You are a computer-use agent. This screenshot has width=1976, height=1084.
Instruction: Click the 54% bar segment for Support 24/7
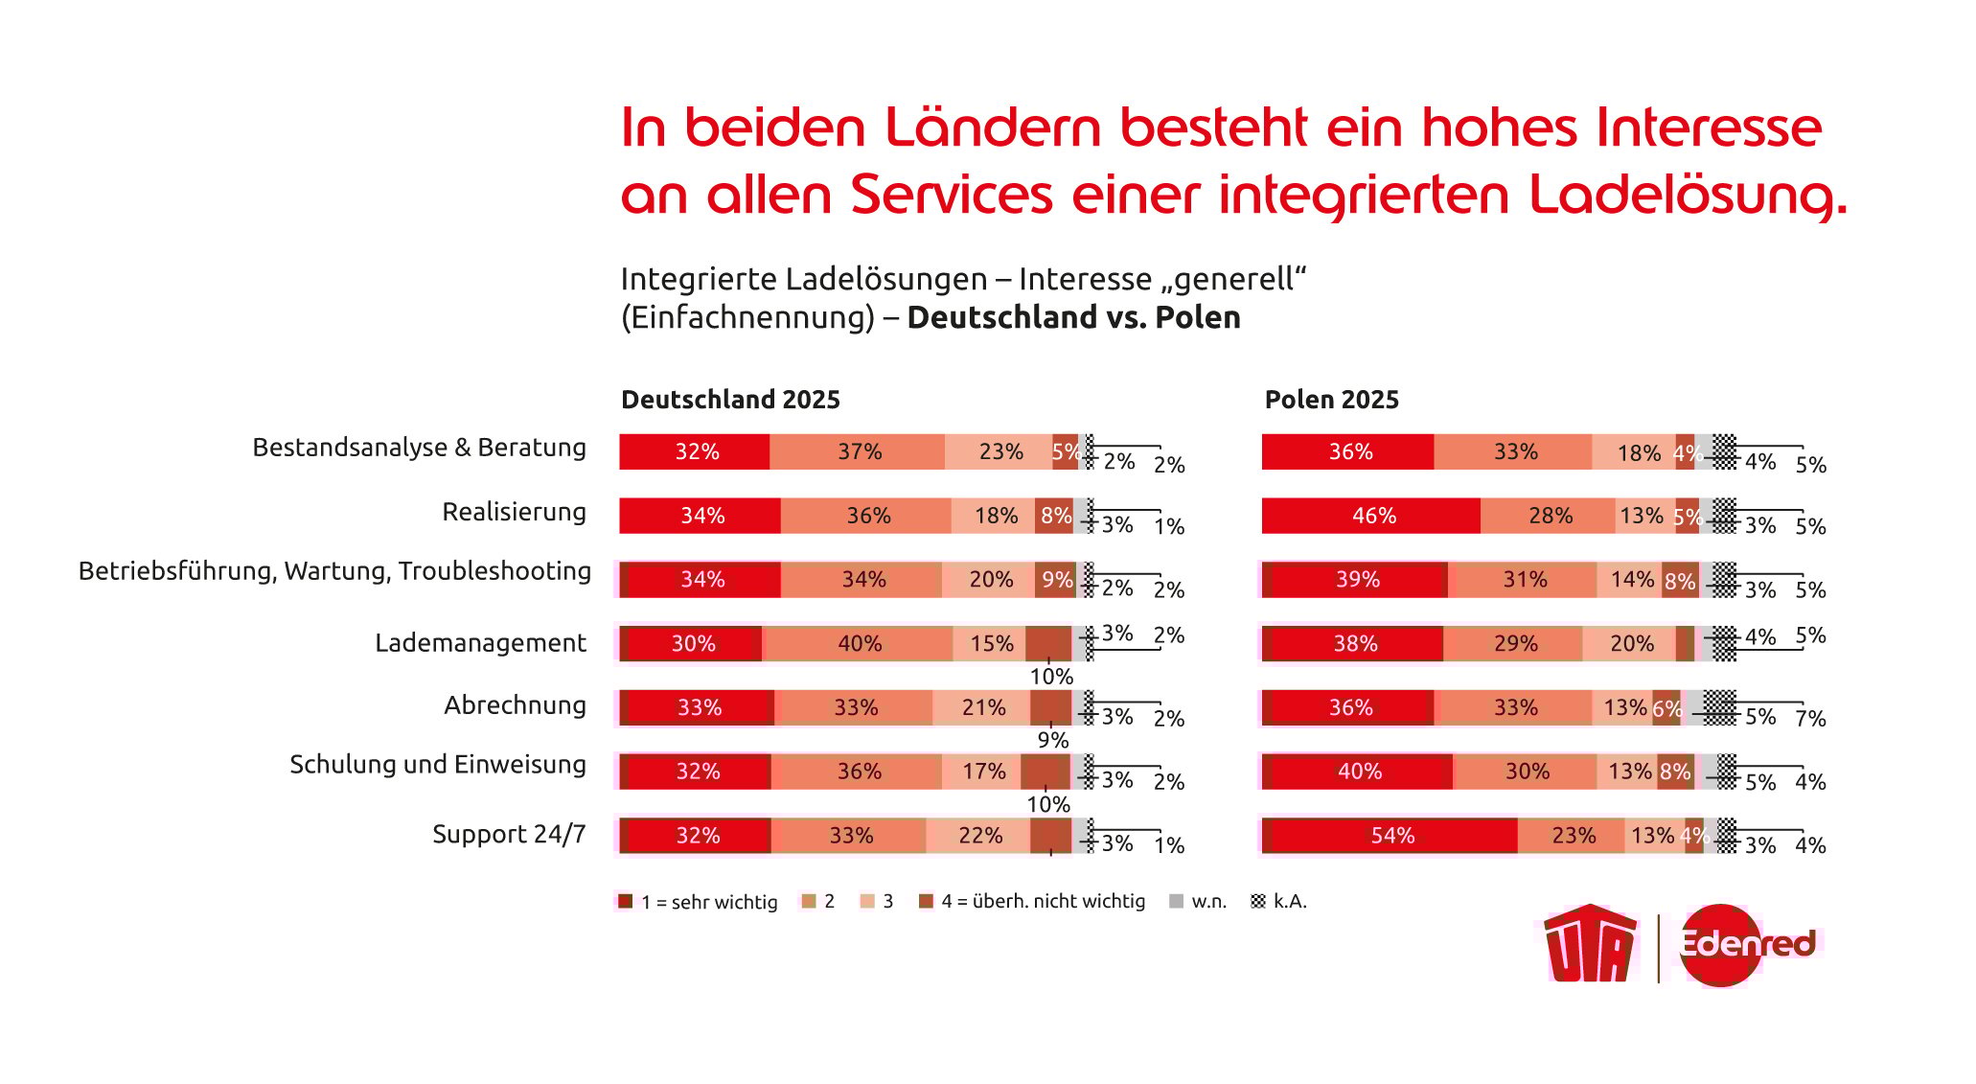tap(1390, 835)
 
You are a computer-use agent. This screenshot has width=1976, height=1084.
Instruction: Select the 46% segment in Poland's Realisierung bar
tap(1372, 516)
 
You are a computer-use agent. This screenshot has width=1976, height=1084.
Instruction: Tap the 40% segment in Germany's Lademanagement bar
tap(859, 643)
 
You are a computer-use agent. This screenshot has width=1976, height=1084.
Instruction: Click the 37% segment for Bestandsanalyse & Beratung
tap(859, 451)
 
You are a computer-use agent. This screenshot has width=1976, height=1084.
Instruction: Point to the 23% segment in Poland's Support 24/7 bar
tap(1573, 835)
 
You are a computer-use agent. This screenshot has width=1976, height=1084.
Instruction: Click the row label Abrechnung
tap(515, 705)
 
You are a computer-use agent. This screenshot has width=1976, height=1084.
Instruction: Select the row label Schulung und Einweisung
tap(437, 765)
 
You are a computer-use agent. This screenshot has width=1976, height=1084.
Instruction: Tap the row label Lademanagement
tap(480, 643)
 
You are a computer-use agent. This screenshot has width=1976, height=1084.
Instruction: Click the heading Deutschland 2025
tap(730, 400)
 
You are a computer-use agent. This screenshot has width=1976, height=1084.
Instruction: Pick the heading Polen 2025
tap(1331, 400)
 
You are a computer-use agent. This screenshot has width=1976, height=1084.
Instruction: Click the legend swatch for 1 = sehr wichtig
tap(626, 901)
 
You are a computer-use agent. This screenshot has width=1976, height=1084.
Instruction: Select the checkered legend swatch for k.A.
tap(1258, 901)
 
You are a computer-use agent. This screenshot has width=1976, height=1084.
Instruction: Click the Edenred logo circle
tap(1722, 945)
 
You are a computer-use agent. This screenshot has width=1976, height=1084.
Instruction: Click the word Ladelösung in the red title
tap(1687, 195)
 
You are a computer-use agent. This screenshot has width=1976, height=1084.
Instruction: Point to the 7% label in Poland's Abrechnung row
tap(1810, 718)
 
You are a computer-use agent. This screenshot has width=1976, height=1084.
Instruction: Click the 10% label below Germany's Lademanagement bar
tap(1051, 677)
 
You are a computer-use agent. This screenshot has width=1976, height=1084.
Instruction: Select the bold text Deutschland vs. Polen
tap(1073, 317)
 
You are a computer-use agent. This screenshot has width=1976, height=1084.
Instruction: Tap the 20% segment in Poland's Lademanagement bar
tap(1631, 643)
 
